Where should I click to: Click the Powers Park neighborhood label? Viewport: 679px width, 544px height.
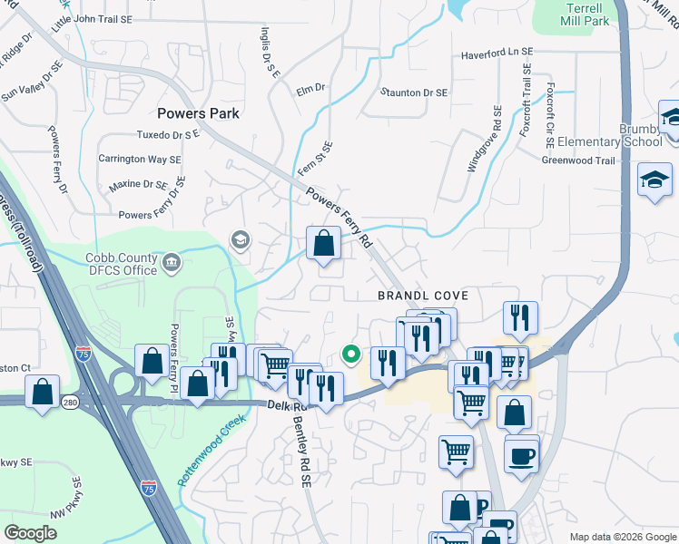[x=198, y=113]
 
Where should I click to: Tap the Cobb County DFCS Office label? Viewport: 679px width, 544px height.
[x=122, y=263]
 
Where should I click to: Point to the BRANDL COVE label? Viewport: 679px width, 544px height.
[x=423, y=296]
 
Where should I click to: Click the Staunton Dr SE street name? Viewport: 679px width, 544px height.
[x=414, y=92]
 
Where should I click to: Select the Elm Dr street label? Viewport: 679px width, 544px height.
[x=310, y=89]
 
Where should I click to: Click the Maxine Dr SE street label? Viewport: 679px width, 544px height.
[x=138, y=184]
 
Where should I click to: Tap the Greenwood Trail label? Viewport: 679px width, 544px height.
[x=578, y=160]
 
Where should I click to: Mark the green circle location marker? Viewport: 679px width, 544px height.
[x=349, y=355]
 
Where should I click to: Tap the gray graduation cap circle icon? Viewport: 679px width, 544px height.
[x=240, y=239]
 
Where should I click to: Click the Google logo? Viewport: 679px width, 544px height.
[x=31, y=533]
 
